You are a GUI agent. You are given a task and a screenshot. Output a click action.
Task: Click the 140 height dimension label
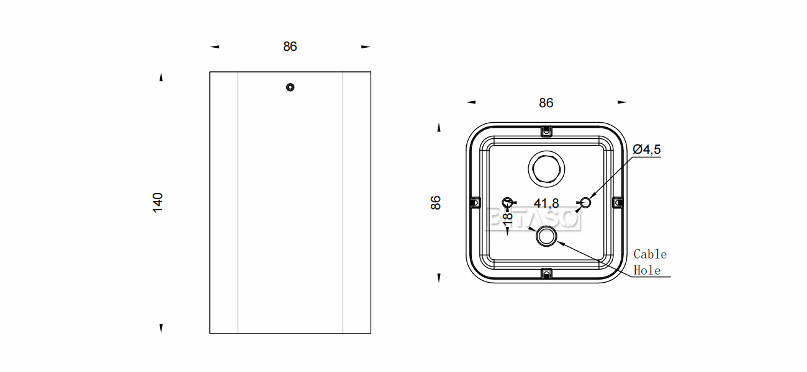click(158, 203)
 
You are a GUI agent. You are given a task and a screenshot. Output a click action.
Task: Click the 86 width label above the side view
click(290, 46)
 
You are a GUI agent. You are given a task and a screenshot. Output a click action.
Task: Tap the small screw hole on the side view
click(290, 87)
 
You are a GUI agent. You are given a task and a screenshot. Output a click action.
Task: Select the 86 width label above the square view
click(546, 104)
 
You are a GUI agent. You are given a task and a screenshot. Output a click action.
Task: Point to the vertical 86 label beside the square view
click(436, 203)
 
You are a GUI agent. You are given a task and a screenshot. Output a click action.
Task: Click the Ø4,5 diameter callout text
click(647, 149)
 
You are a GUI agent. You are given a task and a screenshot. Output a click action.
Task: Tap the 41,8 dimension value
click(546, 203)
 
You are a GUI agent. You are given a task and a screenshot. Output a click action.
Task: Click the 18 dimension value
click(508, 219)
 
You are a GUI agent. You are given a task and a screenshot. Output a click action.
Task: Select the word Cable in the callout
click(651, 254)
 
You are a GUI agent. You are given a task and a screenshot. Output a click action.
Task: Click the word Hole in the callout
click(647, 270)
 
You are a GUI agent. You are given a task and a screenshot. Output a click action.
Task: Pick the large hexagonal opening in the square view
click(546, 169)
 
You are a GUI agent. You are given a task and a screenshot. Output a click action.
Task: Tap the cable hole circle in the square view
click(546, 236)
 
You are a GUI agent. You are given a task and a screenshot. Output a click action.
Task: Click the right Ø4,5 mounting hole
click(586, 203)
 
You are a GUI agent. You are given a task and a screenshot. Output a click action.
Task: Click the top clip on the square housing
click(546, 131)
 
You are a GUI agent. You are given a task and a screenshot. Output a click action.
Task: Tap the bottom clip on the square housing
click(546, 274)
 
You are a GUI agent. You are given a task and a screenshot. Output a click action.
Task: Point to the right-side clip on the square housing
click(618, 203)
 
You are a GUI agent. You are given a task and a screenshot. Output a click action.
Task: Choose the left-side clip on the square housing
click(475, 203)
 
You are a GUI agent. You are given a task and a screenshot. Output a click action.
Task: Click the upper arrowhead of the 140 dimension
click(161, 77)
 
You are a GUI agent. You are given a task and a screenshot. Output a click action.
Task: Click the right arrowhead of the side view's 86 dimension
click(366, 46)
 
